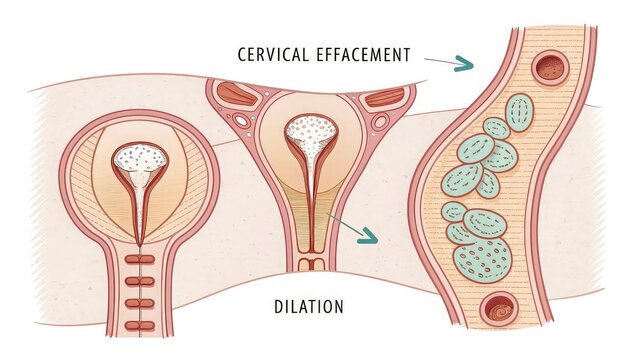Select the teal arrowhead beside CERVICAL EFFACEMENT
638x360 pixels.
pyautogui.click(x=462, y=65)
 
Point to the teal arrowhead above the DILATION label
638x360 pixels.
pyautogui.click(x=369, y=238)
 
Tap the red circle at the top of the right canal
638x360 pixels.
pyautogui.click(x=549, y=68)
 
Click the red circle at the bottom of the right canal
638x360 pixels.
pyautogui.click(x=497, y=310)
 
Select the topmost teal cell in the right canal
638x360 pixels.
pyautogui.click(x=519, y=112)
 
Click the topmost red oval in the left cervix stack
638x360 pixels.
pyautogui.click(x=140, y=259)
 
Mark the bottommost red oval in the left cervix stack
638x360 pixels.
pyautogui.click(x=140, y=324)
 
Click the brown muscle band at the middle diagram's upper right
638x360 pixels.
pyautogui.click(x=385, y=98)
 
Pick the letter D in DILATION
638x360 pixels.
pyautogui.click(x=277, y=305)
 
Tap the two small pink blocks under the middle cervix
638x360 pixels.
pyautogui.click(x=311, y=264)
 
